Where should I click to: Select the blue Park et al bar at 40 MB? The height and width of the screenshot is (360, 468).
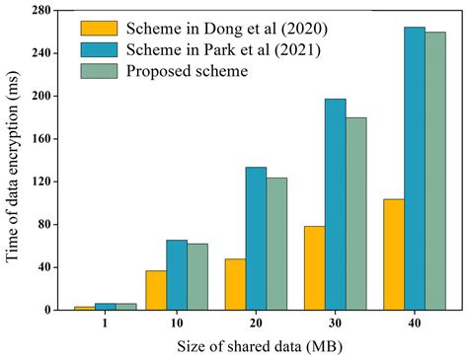coord(414,169)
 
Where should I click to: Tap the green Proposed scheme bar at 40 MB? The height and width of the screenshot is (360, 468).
coord(434,171)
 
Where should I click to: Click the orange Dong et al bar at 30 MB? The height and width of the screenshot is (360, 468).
coord(315,267)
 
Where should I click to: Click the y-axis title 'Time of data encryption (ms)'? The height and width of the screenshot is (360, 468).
coord(14,163)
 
